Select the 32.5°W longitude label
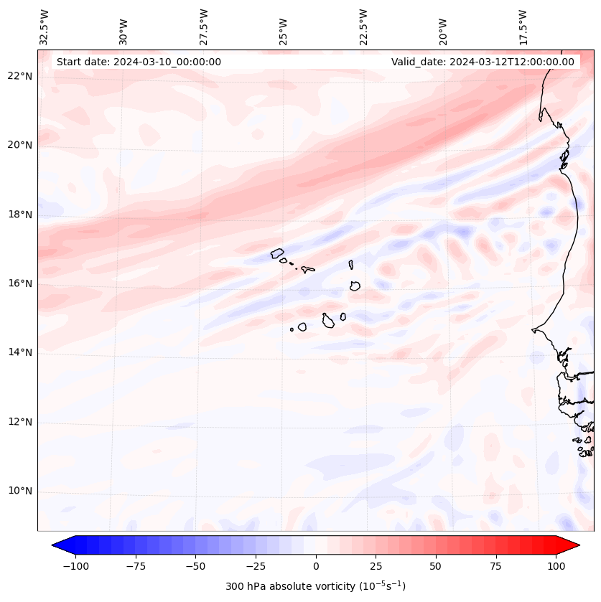click(45, 27)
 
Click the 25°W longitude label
click(284, 27)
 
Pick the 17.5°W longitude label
click(523, 27)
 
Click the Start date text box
click(139, 62)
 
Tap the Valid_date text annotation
click(483, 62)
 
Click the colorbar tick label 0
click(316, 566)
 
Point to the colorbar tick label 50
click(436, 566)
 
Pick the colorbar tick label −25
click(255, 566)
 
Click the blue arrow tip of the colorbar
click(60, 545)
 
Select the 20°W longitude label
click(443, 27)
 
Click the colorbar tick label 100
click(556, 566)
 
